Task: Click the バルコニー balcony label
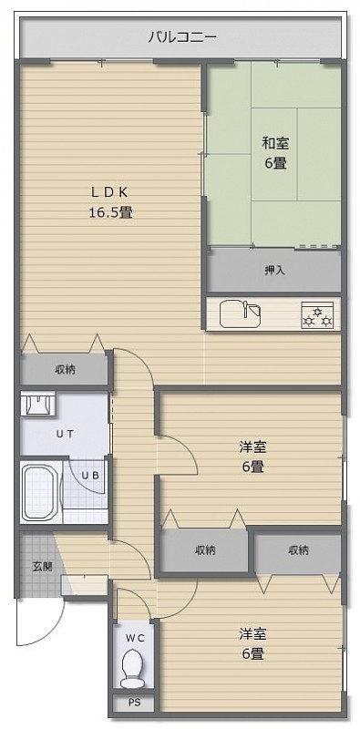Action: coord(182,36)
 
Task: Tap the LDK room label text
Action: coord(109,191)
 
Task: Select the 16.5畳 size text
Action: coord(110,212)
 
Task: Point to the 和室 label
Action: coord(275,143)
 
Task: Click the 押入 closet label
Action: coord(274,271)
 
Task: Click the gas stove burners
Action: coord(317,315)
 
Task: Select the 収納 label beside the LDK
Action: coord(66,370)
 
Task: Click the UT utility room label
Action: coord(65,435)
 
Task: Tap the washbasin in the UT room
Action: coord(38,403)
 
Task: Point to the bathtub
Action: coord(41,492)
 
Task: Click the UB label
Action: coord(90,475)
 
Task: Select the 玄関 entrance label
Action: coord(42,567)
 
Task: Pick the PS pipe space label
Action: coord(134,702)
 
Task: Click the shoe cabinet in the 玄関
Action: coord(84,585)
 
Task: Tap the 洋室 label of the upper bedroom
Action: coord(253,447)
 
